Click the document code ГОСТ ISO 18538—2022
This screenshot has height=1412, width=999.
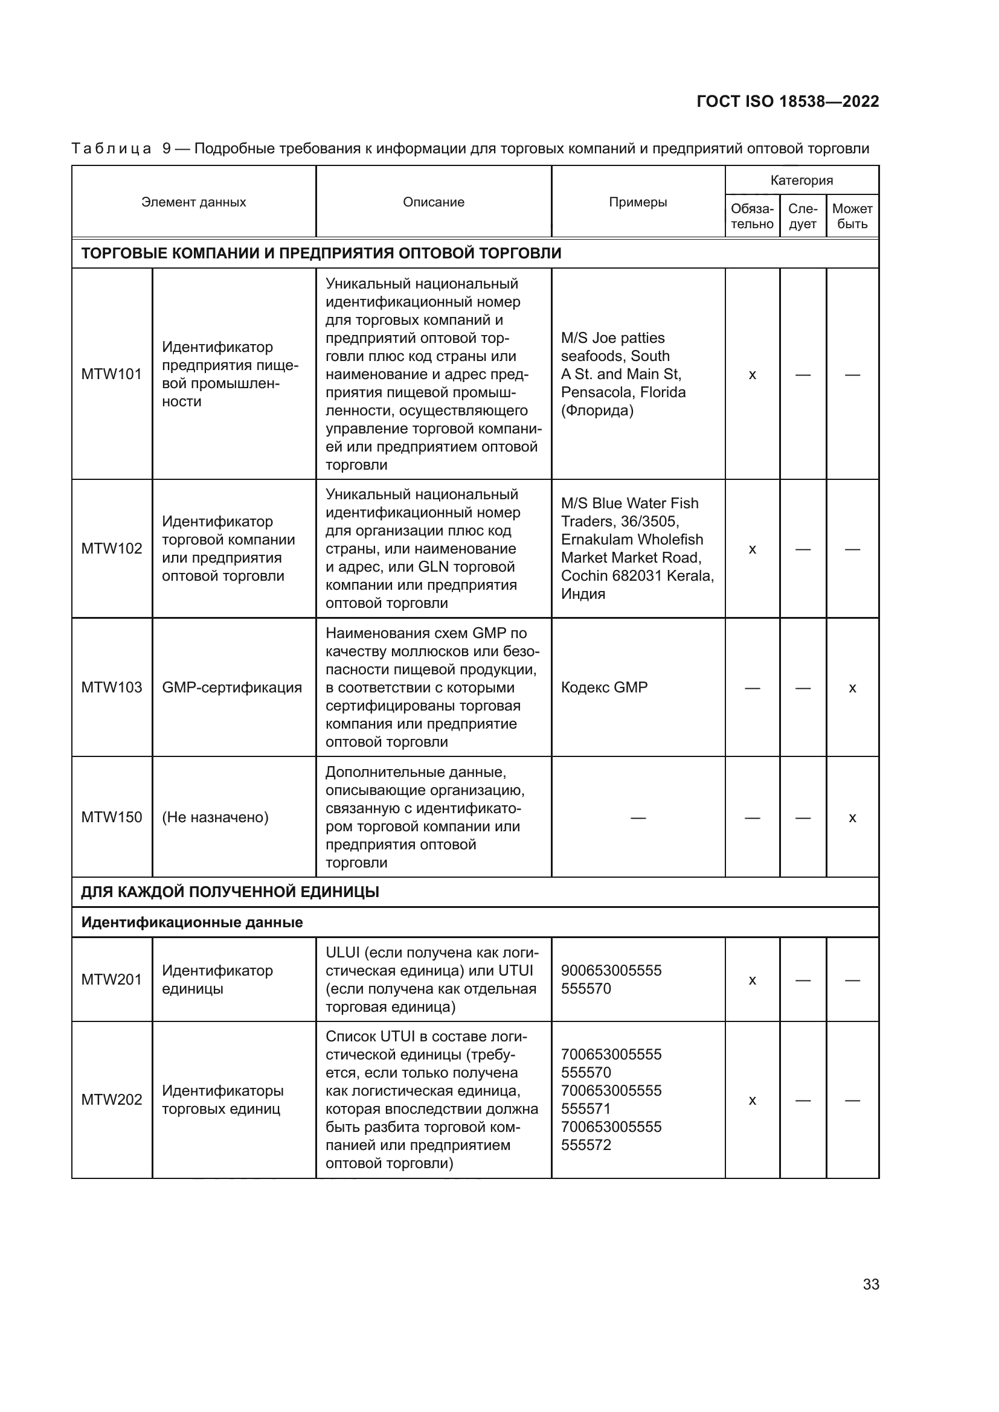point(788,101)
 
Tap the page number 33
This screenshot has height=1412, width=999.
point(870,1284)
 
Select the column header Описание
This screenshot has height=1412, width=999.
point(433,202)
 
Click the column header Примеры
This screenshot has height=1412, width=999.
point(638,202)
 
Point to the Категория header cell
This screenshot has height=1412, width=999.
point(801,180)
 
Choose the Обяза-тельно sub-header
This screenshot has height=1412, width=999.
point(752,217)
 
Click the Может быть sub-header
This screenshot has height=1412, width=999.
point(852,217)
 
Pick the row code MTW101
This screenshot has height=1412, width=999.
point(111,374)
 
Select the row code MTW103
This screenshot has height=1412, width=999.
point(111,687)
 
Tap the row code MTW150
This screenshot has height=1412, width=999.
point(111,817)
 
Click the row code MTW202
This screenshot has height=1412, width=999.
point(111,1099)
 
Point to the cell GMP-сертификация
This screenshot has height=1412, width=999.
point(232,687)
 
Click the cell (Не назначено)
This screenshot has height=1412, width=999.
point(215,817)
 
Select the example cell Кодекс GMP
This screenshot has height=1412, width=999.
point(604,687)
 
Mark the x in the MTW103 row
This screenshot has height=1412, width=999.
point(852,688)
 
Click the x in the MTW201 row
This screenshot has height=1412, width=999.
point(752,980)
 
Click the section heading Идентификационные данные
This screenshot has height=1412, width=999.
point(192,922)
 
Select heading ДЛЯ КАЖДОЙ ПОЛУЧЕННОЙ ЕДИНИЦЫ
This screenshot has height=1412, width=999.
point(230,892)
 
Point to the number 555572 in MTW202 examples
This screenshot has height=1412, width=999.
point(586,1145)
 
